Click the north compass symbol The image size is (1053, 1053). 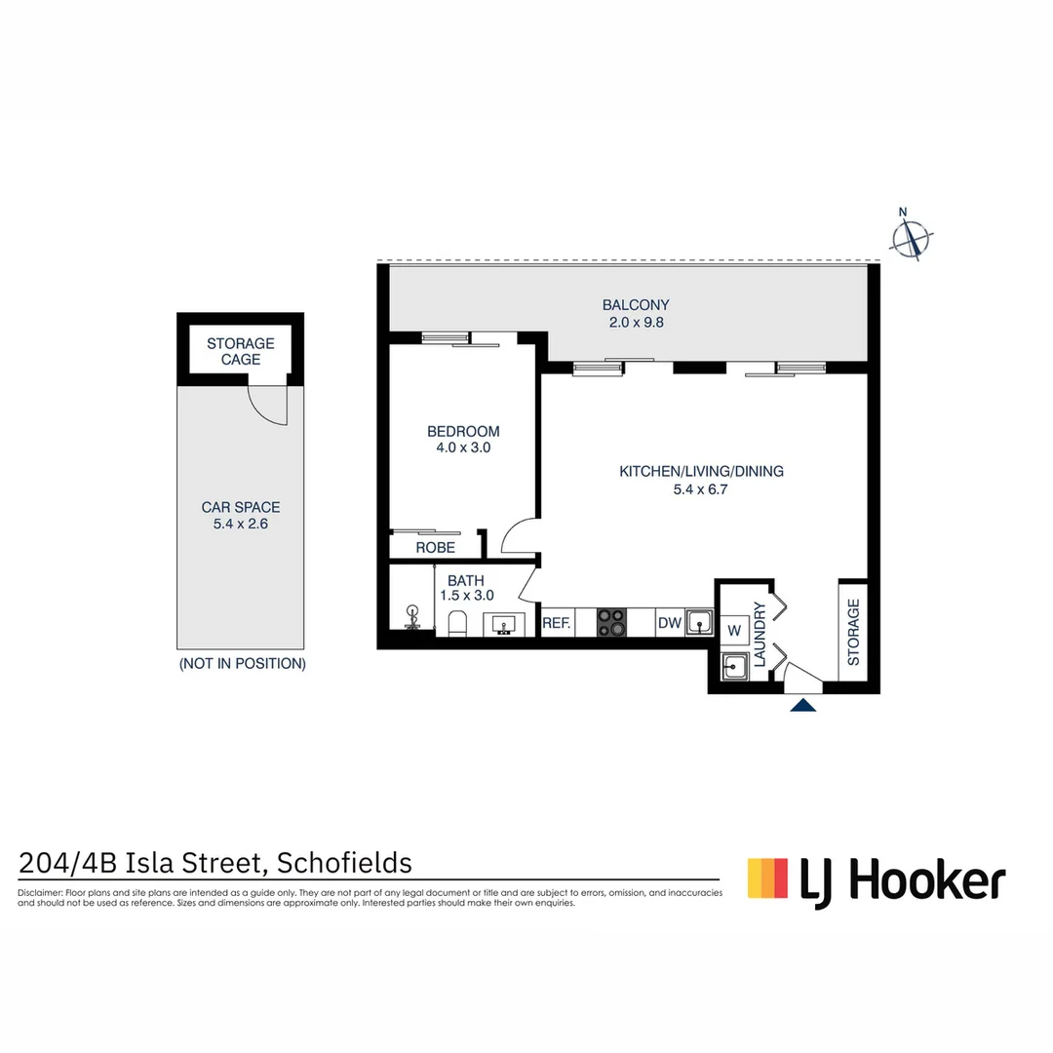912,237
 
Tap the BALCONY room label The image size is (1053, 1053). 635,304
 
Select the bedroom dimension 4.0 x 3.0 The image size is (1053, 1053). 463,448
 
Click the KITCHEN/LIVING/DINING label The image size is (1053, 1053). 701,471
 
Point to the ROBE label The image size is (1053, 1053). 435,548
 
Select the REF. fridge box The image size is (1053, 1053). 556,623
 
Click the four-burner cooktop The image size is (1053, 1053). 611,623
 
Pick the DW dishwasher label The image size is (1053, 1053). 669,623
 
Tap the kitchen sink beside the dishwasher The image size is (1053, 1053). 698,622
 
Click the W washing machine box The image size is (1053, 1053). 733,630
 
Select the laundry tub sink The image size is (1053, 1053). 735,667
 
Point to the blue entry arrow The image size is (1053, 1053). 802,705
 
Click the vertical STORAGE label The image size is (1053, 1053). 853,632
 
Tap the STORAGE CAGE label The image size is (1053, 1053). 241,351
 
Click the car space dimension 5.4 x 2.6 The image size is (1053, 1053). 240,524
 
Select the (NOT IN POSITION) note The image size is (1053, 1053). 242,664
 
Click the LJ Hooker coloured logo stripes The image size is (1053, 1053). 767,877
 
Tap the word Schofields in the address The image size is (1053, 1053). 344,863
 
